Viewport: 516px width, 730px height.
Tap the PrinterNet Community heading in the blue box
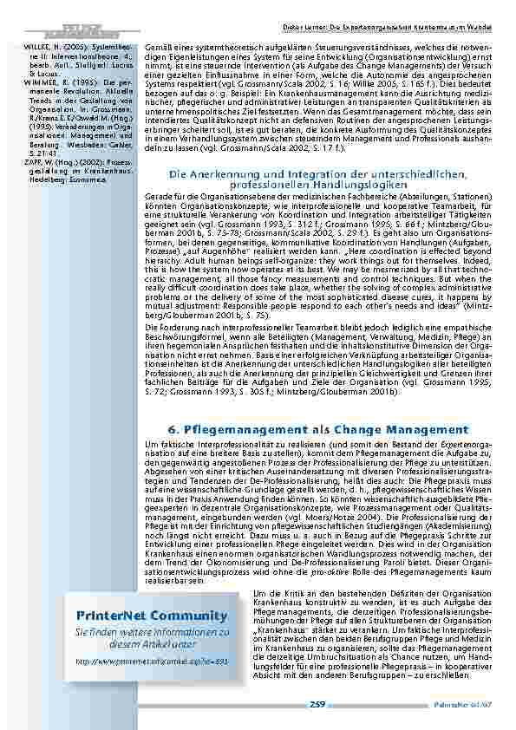point(151,616)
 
